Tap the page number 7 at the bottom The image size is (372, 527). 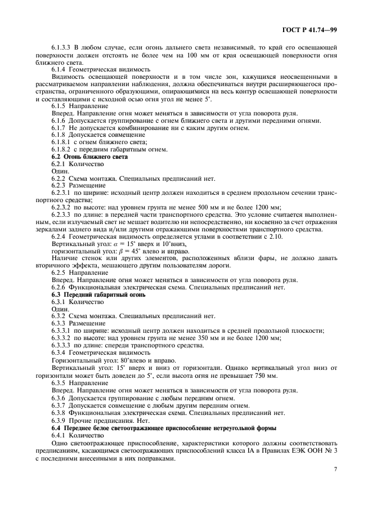pyautogui.click(x=334, y=468)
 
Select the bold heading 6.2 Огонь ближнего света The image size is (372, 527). pyautogui.click(x=89, y=157)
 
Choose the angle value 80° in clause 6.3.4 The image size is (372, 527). pyautogui.click(x=112, y=360)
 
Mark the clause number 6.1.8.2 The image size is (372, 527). pyautogui.click(x=62, y=149)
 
